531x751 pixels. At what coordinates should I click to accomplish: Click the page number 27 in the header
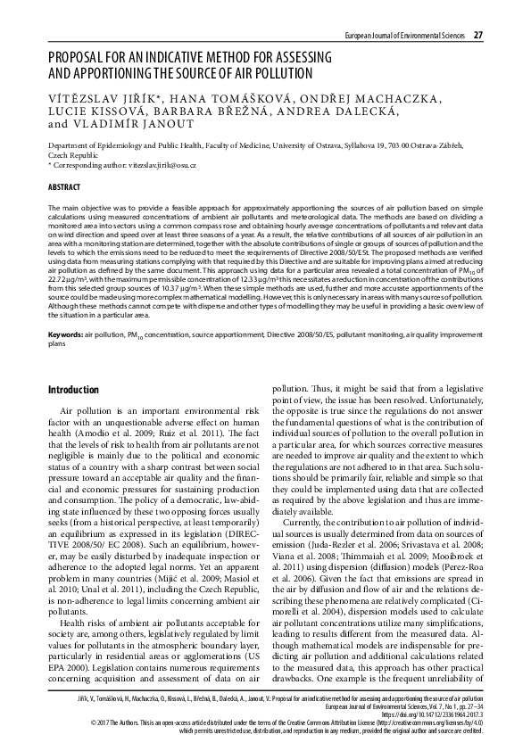[x=478, y=35]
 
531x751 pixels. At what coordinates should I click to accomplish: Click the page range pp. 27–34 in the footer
[x=465, y=706]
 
